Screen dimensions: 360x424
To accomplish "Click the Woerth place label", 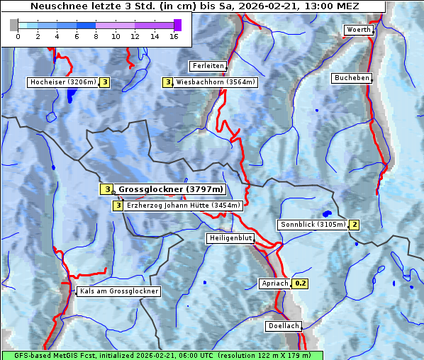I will (x=357, y=30).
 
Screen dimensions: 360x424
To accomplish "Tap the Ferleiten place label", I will (x=208, y=66).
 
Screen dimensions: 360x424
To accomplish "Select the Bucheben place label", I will (x=352, y=78).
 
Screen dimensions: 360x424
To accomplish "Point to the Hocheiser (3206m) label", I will (x=62, y=82).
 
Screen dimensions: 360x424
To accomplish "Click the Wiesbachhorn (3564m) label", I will (x=216, y=82).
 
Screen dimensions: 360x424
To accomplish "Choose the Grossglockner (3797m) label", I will (x=170, y=189).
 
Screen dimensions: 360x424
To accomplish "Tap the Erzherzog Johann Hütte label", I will (x=184, y=206).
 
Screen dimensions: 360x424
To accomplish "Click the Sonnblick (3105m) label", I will (x=313, y=225).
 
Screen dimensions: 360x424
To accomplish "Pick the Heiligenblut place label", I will (x=230, y=238).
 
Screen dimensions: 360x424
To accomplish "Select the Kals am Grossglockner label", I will (x=118, y=291).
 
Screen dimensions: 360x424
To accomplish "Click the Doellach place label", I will (x=284, y=327).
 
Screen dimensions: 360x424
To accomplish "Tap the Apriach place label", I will (x=274, y=283).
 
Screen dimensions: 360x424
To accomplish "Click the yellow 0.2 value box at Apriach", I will (x=300, y=283).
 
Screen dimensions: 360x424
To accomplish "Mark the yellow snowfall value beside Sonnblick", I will (x=355, y=225).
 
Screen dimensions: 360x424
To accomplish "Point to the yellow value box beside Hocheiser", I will (x=104, y=82).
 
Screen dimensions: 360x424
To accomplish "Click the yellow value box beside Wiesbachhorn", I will (x=168, y=82).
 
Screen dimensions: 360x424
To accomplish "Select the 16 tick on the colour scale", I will (x=174, y=36).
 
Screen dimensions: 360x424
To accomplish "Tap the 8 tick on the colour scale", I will (x=96, y=36).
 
